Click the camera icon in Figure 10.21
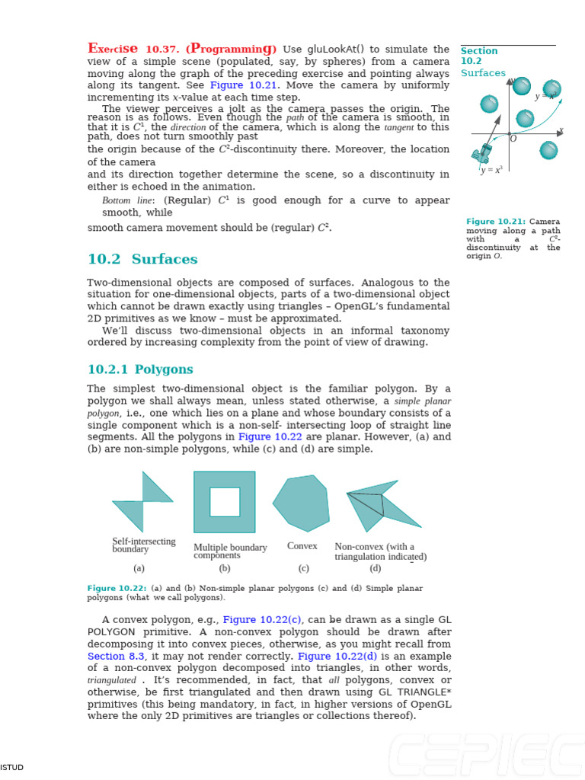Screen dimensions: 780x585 tap(481, 153)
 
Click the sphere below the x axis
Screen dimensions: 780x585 tap(548, 150)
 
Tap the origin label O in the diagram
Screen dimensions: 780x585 tap(513, 139)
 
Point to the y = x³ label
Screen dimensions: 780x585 tap(491, 170)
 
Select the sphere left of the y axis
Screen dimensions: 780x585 tap(489, 104)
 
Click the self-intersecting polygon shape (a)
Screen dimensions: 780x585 tap(142, 501)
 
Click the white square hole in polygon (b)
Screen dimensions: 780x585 tap(225, 502)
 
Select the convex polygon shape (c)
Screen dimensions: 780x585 tap(302, 503)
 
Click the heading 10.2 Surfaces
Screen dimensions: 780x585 tap(142, 259)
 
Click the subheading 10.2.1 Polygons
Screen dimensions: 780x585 tap(140, 369)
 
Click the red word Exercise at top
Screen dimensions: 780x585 tap(113, 49)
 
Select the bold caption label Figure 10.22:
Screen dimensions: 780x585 tap(117, 588)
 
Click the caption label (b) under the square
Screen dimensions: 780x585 tap(225, 568)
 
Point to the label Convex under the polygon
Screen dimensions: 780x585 tap(302, 546)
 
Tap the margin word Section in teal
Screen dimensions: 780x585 tap(479, 51)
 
